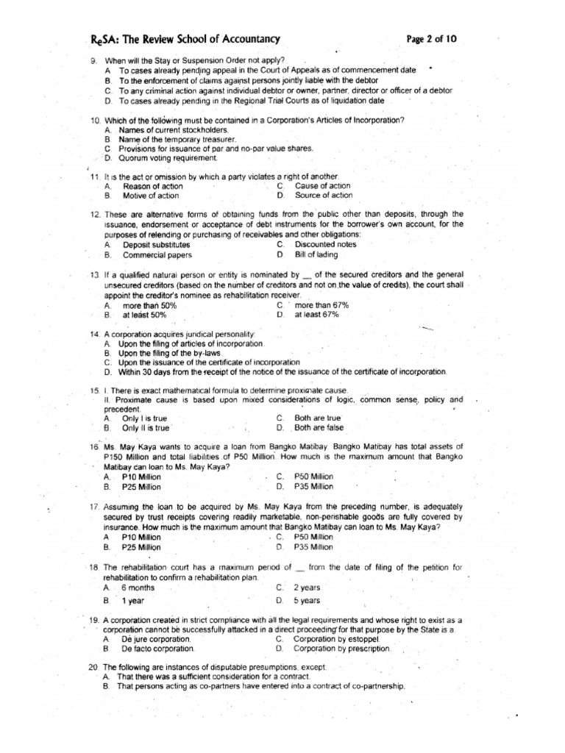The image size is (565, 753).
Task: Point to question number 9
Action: (x=94, y=60)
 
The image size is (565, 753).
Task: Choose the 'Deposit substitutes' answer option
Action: (x=156, y=244)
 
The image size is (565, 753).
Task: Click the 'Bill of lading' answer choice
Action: (x=316, y=254)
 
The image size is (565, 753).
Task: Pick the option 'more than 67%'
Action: (x=321, y=304)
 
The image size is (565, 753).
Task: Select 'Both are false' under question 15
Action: (x=319, y=427)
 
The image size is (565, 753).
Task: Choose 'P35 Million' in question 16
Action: (x=313, y=487)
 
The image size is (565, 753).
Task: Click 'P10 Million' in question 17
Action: (x=141, y=537)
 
